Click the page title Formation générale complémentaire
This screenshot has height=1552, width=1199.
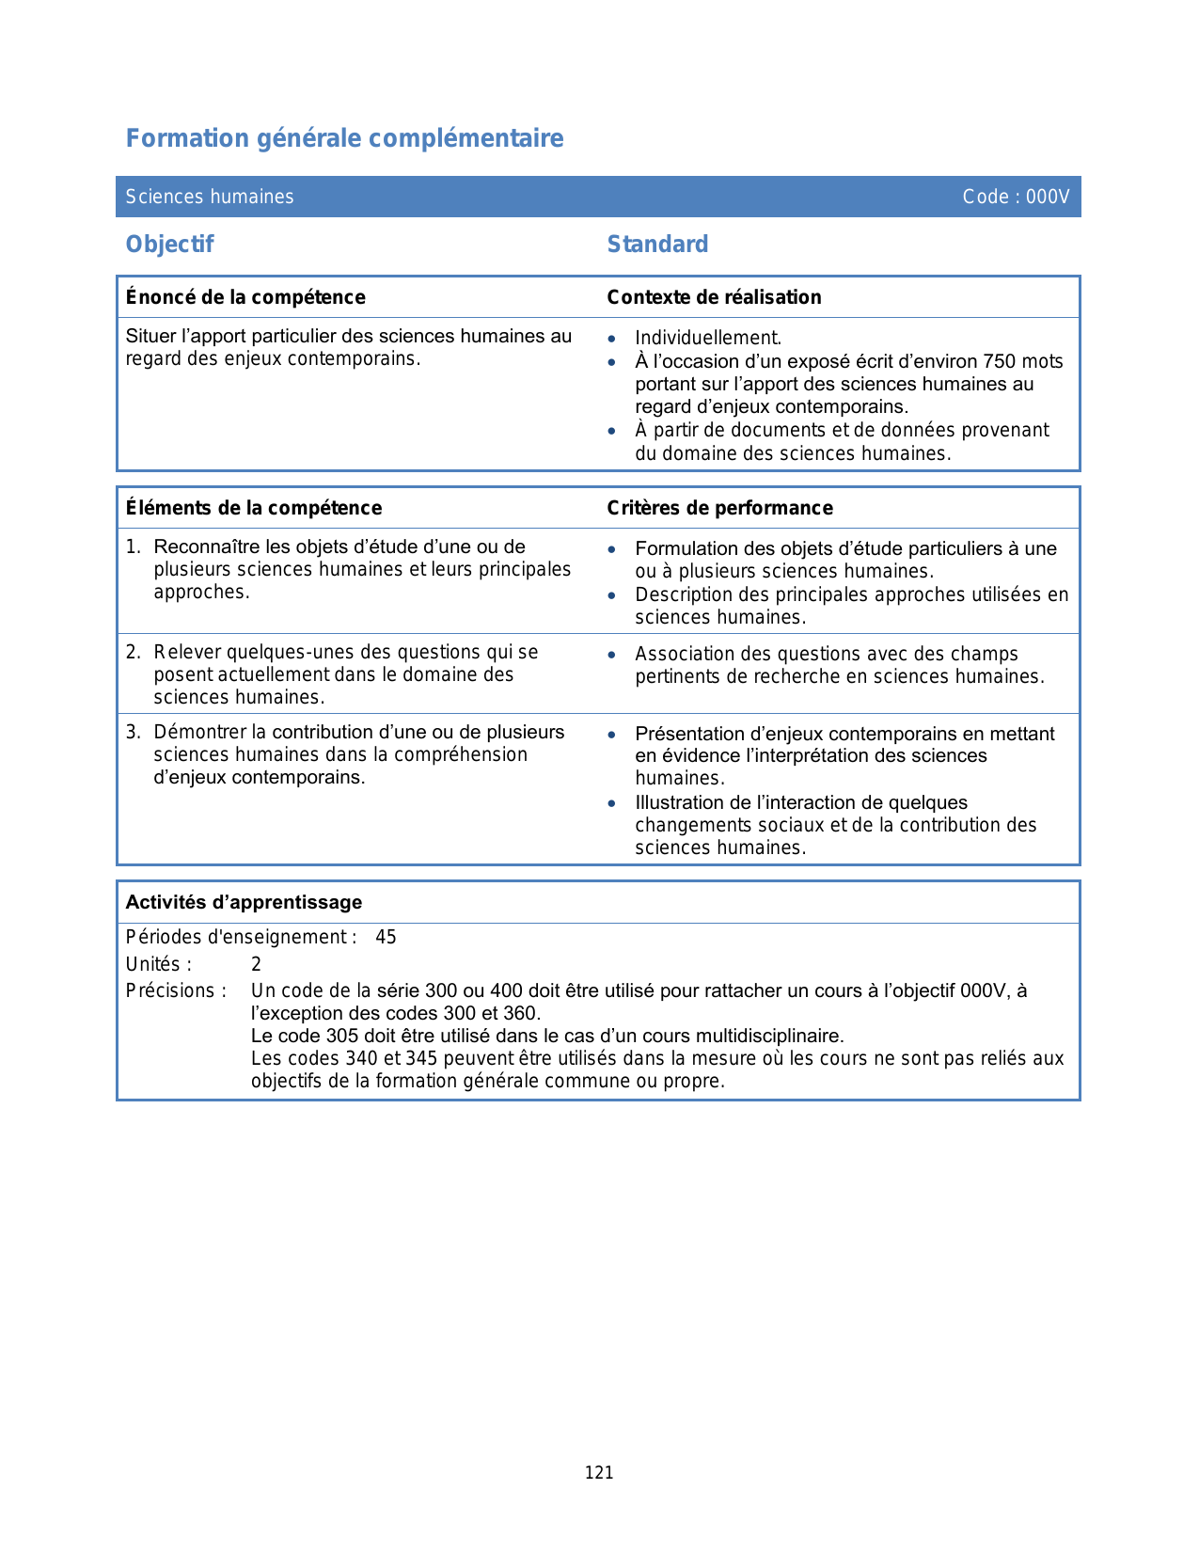[x=344, y=138]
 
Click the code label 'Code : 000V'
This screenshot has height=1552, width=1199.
[x=1016, y=197]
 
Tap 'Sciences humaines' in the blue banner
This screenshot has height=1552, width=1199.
[x=210, y=197]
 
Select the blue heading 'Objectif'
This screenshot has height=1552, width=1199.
[x=170, y=245]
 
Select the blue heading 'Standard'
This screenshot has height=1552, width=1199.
[x=657, y=245]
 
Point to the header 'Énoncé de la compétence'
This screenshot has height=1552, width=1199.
[x=245, y=297]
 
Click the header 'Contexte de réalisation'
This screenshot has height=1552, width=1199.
[x=714, y=297]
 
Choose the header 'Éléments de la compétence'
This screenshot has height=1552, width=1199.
[x=254, y=508]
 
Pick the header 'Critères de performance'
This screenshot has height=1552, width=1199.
[x=719, y=508]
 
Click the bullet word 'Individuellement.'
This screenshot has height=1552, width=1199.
[x=708, y=338]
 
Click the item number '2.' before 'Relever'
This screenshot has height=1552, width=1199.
[x=134, y=652]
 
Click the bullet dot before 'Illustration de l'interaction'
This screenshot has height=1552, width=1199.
[x=612, y=803]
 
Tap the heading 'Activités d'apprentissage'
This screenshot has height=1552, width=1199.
[x=244, y=902]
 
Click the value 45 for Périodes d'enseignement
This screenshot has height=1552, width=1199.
[x=386, y=937]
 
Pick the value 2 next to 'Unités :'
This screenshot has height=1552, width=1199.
[x=256, y=964]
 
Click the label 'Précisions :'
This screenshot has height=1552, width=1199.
[x=176, y=990]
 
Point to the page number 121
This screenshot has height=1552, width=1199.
[x=599, y=1473]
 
